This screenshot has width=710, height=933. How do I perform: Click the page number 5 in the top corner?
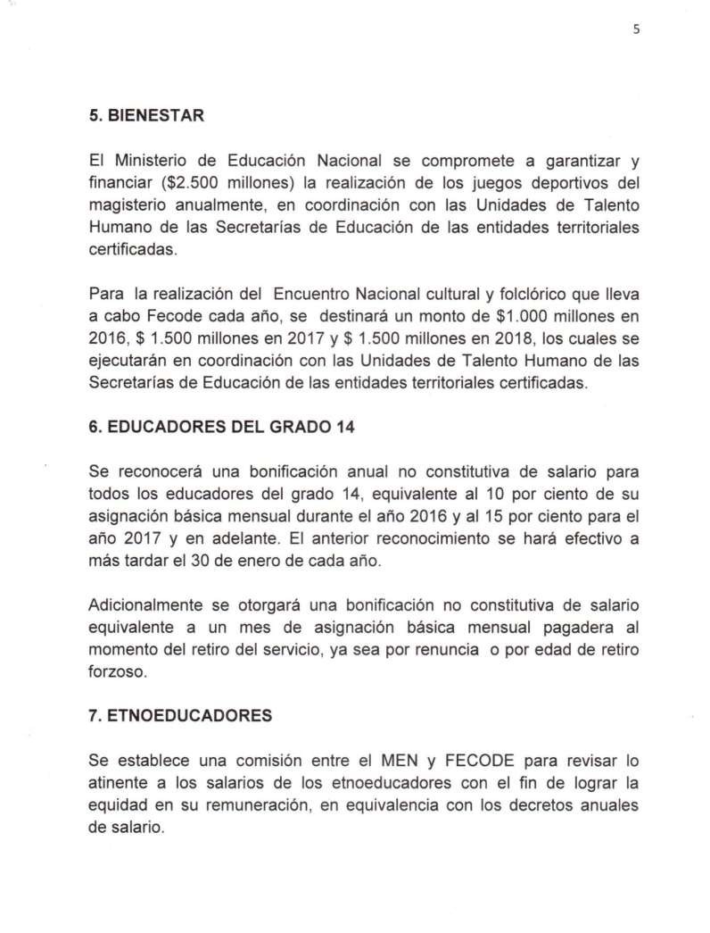coord(637,29)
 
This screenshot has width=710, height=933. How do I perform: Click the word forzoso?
coord(119,672)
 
